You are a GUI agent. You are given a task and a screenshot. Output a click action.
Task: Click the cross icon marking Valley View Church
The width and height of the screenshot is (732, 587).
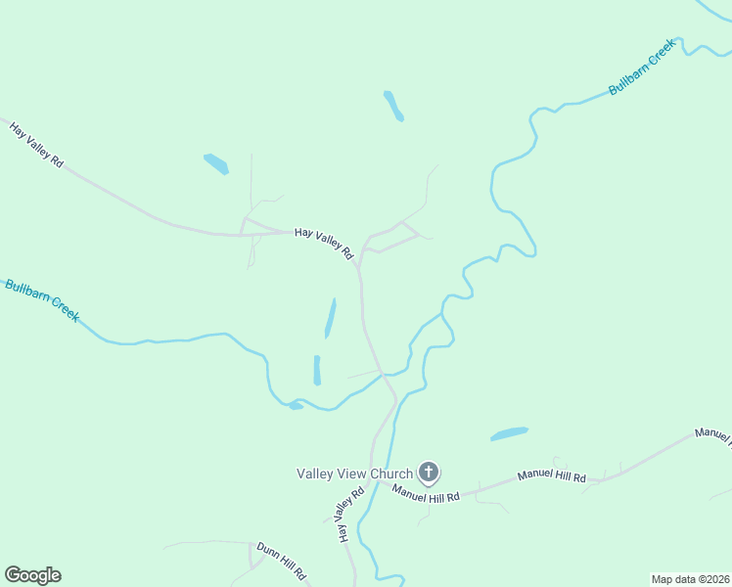pyautogui.click(x=428, y=474)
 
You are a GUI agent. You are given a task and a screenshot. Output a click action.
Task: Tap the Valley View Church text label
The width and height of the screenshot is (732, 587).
pyautogui.click(x=355, y=474)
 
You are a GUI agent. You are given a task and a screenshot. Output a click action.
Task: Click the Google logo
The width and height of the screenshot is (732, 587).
pyautogui.click(x=32, y=575)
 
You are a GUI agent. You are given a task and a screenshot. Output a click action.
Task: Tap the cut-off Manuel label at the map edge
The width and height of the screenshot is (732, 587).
pyautogui.click(x=712, y=435)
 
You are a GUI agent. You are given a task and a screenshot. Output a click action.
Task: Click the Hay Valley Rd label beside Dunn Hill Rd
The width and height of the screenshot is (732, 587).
pyautogui.click(x=344, y=516)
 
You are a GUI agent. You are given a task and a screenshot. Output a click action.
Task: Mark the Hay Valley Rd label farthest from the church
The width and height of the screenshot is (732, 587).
pyautogui.click(x=37, y=144)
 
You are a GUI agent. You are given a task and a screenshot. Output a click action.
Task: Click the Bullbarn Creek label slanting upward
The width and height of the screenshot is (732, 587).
pyautogui.click(x=641, y=68)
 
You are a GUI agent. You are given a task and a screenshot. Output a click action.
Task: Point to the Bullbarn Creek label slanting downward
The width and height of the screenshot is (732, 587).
pyautogui.click(x=41, y=300)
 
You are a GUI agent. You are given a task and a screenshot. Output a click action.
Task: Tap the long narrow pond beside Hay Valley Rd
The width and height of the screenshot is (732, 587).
pyautogui.click(x=330, y=318)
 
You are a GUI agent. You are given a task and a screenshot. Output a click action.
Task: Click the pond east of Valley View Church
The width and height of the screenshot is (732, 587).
pyautogui.click(x=509, y=433)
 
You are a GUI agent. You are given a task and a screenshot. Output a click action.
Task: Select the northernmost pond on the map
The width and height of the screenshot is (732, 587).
pyautogui.click(x=393, y=106)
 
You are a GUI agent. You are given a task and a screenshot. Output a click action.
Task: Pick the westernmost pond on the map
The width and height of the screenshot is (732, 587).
pyautogui.click(x=215, y=163)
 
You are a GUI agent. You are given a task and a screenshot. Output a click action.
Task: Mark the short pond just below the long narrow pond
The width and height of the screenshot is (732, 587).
pyautogui.click(x=317, y=370)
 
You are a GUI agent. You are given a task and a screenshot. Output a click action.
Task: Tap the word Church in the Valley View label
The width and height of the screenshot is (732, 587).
pyautogui.click(x=389, y=474)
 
